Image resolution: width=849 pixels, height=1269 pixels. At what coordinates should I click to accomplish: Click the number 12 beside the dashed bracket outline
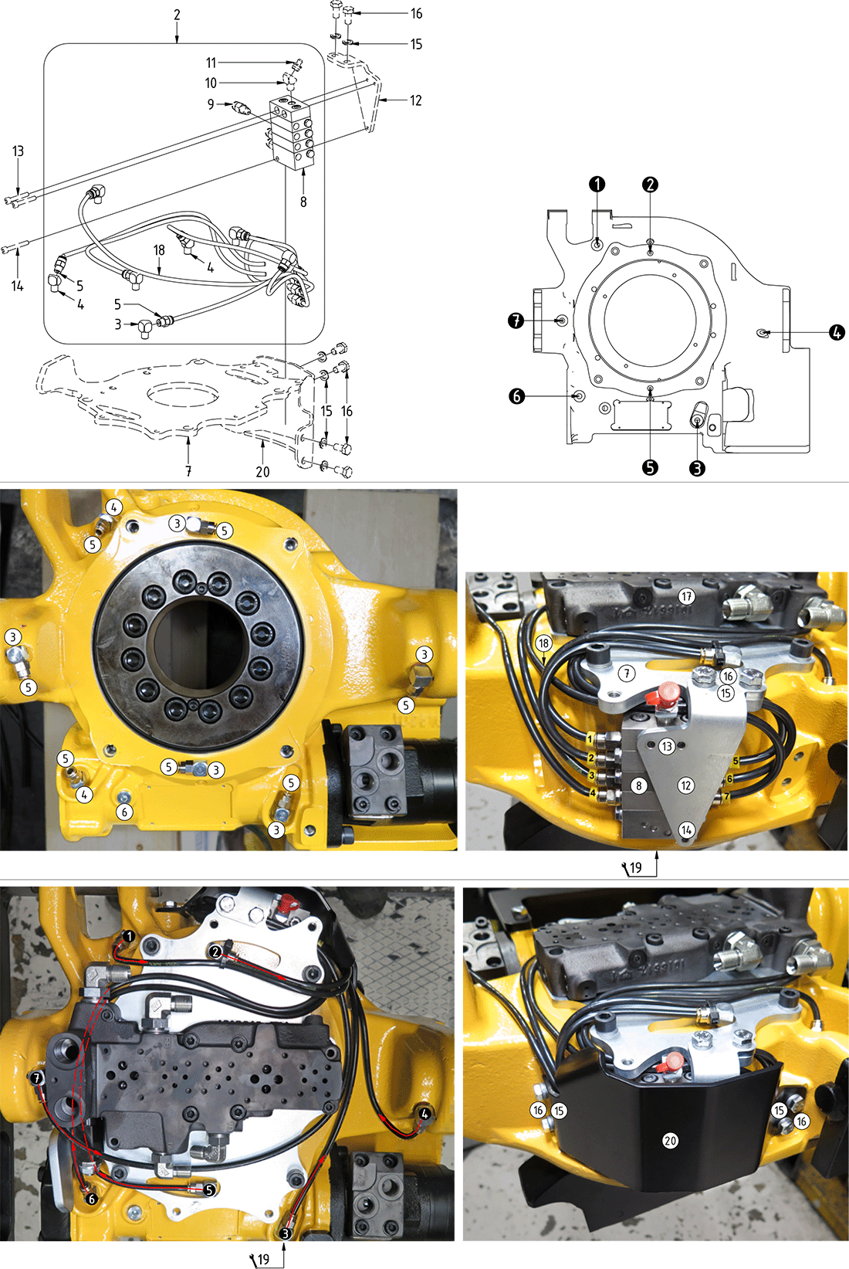coord(415,101)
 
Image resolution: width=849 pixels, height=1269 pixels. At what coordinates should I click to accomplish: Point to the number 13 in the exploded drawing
coord(18,151)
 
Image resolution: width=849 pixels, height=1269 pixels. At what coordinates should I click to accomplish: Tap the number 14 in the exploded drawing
coord(18,286)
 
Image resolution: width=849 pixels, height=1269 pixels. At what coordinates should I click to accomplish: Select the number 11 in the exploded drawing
coord(211,63)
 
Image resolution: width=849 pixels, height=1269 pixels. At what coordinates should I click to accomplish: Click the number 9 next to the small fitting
coord(211,104)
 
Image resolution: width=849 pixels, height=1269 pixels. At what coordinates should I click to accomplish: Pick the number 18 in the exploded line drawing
coord(159,250)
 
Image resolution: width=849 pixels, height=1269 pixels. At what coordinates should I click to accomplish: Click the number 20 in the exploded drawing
coord(262,471)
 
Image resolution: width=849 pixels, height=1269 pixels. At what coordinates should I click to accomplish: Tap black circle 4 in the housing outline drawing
coord(837,333)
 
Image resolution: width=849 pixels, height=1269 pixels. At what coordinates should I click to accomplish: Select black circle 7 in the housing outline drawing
coord(516,321)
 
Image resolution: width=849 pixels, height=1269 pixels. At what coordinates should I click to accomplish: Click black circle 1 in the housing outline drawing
coord(597,184)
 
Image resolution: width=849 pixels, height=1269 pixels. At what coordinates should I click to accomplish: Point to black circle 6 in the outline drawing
coord(516,396)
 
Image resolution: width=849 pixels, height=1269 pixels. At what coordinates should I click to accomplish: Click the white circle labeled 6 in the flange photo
coord(125,813)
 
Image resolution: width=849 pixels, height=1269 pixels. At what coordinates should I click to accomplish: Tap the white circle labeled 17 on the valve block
coord(687,596)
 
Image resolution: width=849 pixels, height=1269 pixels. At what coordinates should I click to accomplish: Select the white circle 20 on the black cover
coord(670,1140)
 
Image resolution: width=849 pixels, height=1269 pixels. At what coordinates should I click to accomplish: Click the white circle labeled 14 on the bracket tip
coord(686,830)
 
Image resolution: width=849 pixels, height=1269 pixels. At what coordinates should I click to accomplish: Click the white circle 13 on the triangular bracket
coord(668,747)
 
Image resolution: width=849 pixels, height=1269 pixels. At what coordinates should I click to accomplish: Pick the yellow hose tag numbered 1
coord(589,739)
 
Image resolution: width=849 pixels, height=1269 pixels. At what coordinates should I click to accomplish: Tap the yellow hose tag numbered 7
coord(727,796)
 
